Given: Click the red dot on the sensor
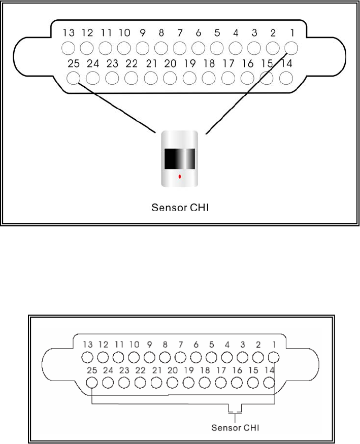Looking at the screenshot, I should click(x=180, y=177).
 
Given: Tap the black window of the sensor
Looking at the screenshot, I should click(x=179, y=159).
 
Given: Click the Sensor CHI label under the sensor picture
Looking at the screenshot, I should click(x=179, y=207).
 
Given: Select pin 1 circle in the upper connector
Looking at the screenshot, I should click(x=291, y=48).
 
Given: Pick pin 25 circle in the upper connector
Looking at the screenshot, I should click(x=74, y=78).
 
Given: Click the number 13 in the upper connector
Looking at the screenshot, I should click(x=69, y=33).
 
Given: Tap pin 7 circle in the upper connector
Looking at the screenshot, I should click(x=180, y=48).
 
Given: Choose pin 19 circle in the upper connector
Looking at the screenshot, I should click(x=189, y=78).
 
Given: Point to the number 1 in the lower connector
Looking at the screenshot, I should click(x=274, y=345).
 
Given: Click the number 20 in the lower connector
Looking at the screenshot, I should click(x=172, y=370).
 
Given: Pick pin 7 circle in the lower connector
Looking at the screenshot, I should click(x=180, y=357).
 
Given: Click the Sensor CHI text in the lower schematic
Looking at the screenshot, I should click(x=235, y=427).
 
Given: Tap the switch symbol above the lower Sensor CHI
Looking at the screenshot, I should click(x=235, y=410).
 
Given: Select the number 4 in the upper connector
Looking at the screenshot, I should click(x=236, y=33).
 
